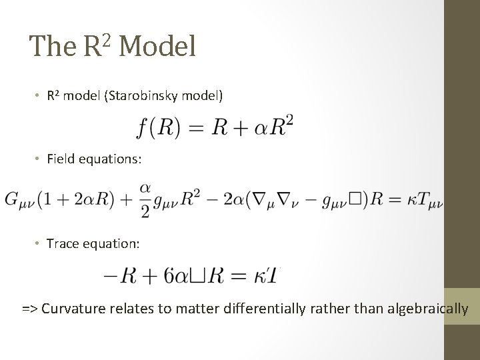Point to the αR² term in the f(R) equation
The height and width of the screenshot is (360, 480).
(x=275, y=125)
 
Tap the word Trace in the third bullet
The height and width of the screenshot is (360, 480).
(x=61, y=244)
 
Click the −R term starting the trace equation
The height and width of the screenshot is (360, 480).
(x=116, y=274)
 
